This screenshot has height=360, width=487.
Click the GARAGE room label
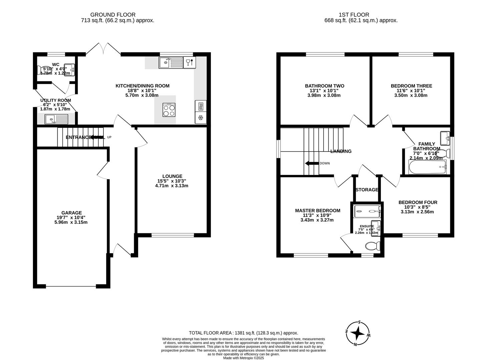pos(71,213)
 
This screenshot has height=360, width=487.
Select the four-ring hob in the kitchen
pos(169,110)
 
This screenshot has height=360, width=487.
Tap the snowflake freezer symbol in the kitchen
pos(201,118)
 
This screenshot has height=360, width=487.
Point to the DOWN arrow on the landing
pos(312,163)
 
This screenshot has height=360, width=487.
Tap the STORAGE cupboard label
pos(367,190)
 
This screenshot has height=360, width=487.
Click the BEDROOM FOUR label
pos(418,202)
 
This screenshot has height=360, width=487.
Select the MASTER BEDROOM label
pos(318,210)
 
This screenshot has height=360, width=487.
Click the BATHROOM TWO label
pos(325,86)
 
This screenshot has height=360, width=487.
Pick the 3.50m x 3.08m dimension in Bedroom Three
pos(411,95)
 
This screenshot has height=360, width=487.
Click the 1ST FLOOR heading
pos(354,15)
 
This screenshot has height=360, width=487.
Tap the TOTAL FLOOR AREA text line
pos(243,333)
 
